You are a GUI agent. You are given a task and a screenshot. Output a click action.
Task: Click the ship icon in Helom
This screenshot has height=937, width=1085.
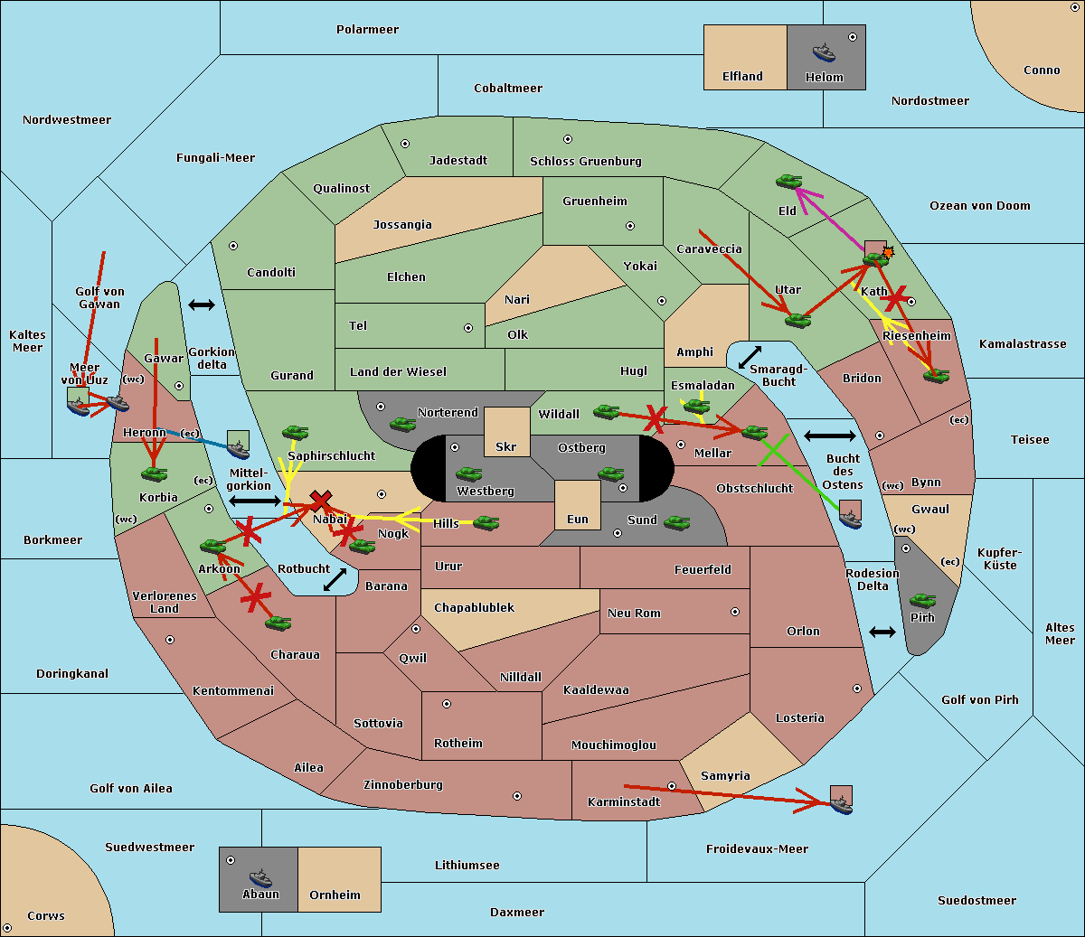pyautogui.click(x=824, y=52)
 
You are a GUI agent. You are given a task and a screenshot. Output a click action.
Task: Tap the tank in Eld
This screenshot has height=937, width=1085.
pyautogui.click(x=789, y=182)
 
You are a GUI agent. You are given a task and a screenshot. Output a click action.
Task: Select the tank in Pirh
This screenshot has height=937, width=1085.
pyautogui.click(x=922, y=600)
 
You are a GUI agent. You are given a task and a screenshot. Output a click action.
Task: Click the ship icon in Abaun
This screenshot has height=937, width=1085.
pyautogui.click(x=259, y=877)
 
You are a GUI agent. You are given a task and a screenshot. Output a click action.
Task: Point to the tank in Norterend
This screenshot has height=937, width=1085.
pyautogui.click(x=402, y=423)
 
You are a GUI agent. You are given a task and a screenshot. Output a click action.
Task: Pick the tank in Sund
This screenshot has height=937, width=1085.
pyautogui.click(x=677, y=521)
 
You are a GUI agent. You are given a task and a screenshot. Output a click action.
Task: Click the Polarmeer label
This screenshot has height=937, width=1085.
pyautogui.click(x=367, y=30)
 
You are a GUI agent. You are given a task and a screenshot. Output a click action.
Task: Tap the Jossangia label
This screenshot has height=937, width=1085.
pyautogui.click(x=402, y=225)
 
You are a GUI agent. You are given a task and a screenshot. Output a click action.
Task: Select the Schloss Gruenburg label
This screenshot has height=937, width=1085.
pyautogui.click(x=585, y=162)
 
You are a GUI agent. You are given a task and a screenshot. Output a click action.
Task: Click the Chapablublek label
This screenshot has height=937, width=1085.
pyautogui.click(x=474, y=608)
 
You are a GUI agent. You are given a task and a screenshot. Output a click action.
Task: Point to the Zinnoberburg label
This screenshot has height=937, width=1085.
pyautogui.click(x=403, y=785)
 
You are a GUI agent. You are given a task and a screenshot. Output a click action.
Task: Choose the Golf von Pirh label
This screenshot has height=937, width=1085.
pyautogui.click(x=979, y=700)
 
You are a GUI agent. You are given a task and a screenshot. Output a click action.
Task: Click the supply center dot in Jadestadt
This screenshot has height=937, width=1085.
pyautogui.click(x=405, y=144)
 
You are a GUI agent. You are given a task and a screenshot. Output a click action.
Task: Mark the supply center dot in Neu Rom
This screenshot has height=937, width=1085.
pyautogui.click(x=735, y=612)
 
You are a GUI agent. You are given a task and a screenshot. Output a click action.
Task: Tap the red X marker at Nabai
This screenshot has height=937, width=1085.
pyautogui.click(x=320, y=500)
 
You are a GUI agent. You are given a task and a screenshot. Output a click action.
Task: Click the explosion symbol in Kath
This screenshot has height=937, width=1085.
pyautogui.click(x=888, y=252)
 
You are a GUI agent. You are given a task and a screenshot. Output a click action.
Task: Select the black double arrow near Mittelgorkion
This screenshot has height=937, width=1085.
pyautogui.click(x=256, y=501)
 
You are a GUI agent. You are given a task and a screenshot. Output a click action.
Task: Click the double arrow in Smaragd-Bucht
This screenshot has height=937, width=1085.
pyautogui.click(x=750, y=358)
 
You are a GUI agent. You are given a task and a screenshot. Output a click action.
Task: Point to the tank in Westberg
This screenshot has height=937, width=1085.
pyautogui.click(x=468, y=473)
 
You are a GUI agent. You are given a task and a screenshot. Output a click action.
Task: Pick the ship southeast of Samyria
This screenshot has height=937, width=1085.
pyautogui.click(x=841, y=802)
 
